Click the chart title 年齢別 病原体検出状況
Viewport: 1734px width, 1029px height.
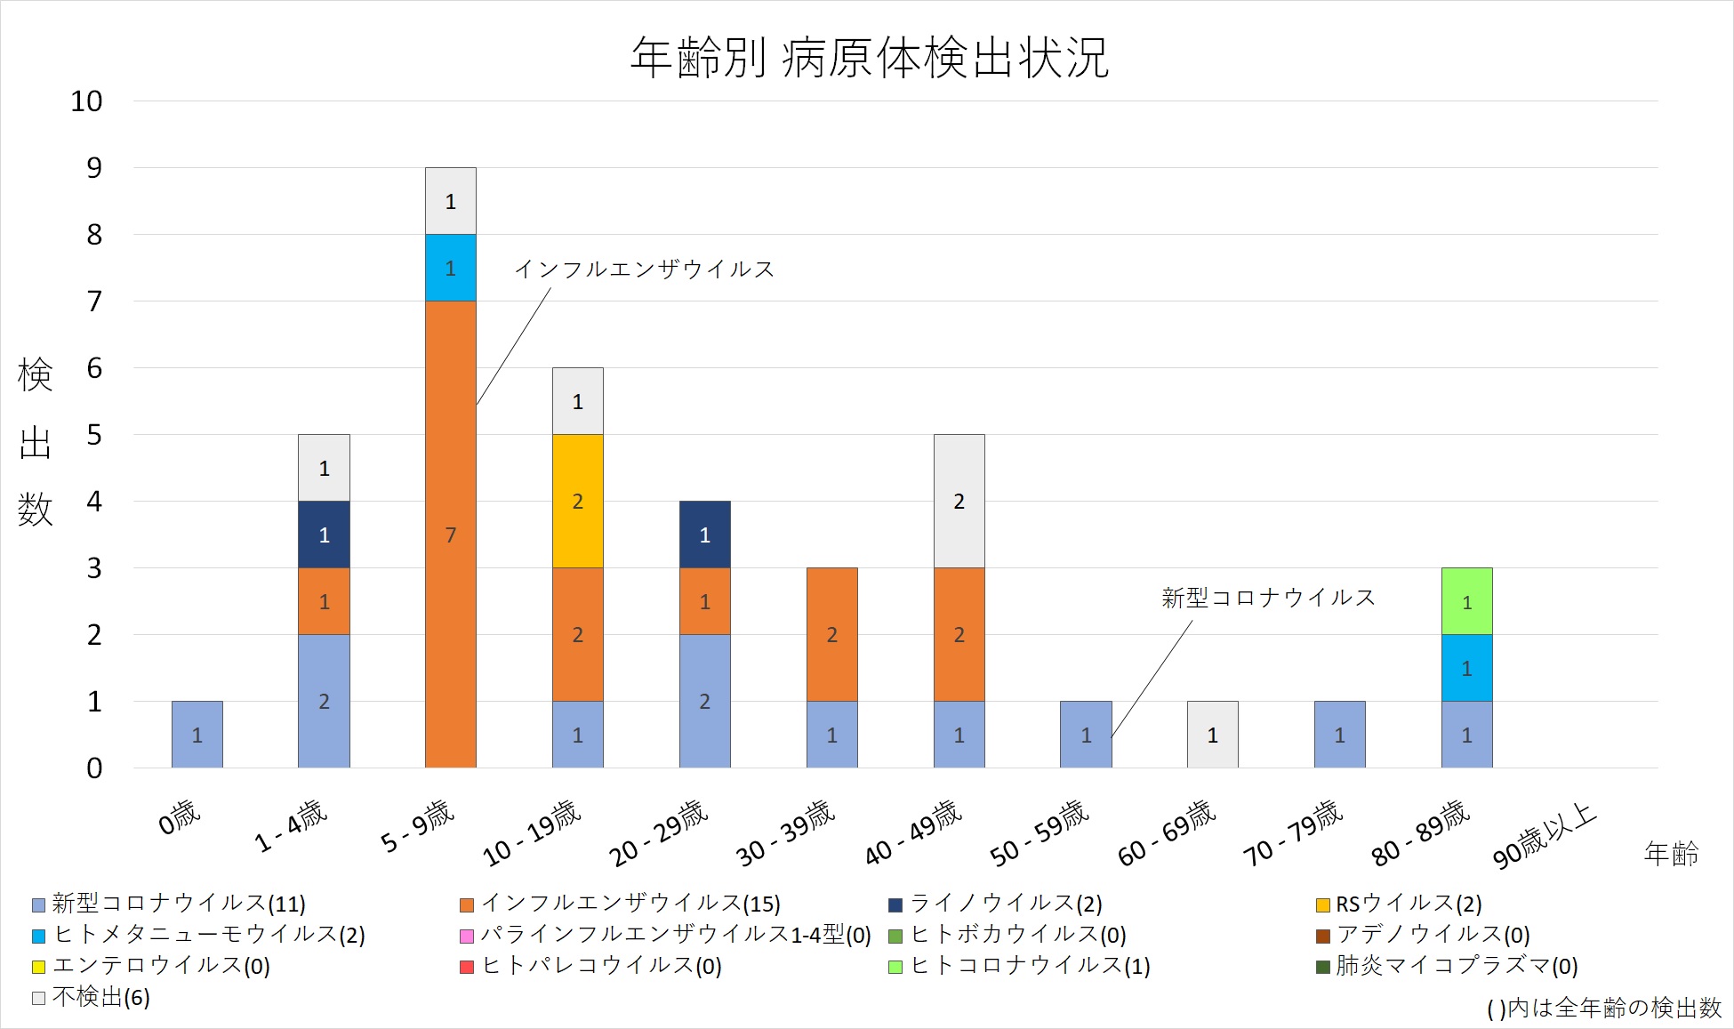[869, 58]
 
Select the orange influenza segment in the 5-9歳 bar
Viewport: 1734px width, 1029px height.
[450, 534]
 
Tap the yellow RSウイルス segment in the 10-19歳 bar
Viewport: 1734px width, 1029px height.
[577, 501]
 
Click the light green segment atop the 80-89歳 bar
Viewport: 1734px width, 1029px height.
[1466, 601]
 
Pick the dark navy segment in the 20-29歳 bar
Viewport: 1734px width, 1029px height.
[704, 534]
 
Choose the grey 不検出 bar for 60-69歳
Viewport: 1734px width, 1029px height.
[1212, 735]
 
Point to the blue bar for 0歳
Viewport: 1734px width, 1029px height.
[197, 735]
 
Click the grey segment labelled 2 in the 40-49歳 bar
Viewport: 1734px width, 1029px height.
[959, 501]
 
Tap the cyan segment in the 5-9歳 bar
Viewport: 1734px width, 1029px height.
[450, 268]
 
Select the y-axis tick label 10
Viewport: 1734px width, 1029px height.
[86, 101]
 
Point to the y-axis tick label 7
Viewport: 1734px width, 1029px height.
[94, 301]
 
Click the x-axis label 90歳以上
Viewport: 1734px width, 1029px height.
[1545, 835]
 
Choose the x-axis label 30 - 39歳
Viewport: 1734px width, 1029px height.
[785, 833]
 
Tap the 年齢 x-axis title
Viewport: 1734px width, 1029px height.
[1671, 854]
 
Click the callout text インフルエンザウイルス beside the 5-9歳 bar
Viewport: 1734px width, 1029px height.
[645, 269]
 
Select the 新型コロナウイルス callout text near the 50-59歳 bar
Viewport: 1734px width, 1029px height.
[1268, 598]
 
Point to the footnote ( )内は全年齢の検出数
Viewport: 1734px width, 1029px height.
[1603, 1008]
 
